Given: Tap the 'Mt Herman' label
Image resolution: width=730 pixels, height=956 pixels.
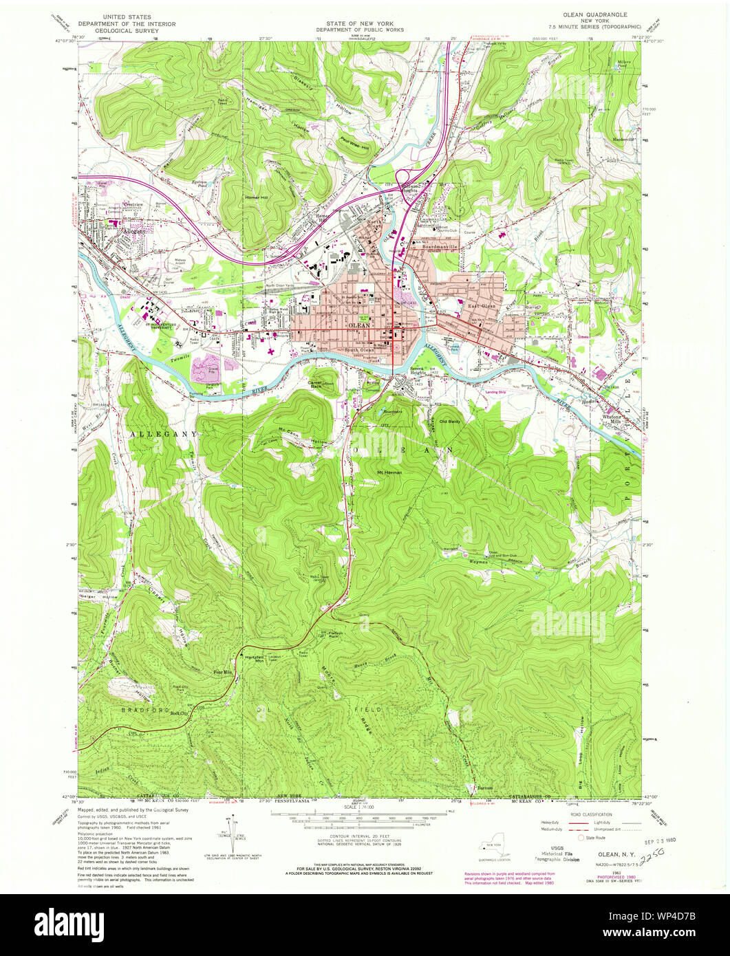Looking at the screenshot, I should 389,472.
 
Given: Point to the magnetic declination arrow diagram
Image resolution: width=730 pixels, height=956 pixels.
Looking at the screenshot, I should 234,834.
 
